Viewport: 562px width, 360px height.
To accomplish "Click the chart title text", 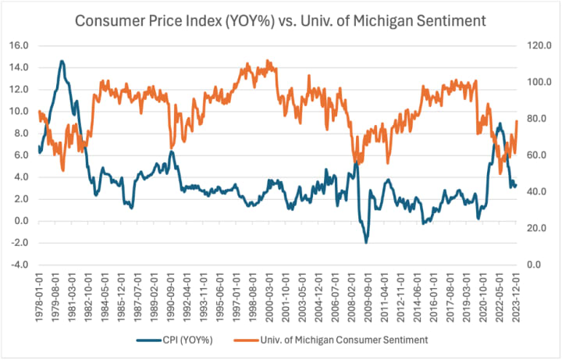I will click(x=280, y=20).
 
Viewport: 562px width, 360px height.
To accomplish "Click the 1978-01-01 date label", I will click(x=39, y=292).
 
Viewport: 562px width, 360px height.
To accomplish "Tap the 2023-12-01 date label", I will click(x=516, y=292).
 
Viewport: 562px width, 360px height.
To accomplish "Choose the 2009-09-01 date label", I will click(x=367, y=292).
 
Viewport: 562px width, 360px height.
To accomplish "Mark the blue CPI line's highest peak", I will click(x=62, y=61).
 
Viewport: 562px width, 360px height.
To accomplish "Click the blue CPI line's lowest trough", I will click(x=366, y=243).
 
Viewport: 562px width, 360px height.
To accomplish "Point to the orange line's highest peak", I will click(x=268, y=60).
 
